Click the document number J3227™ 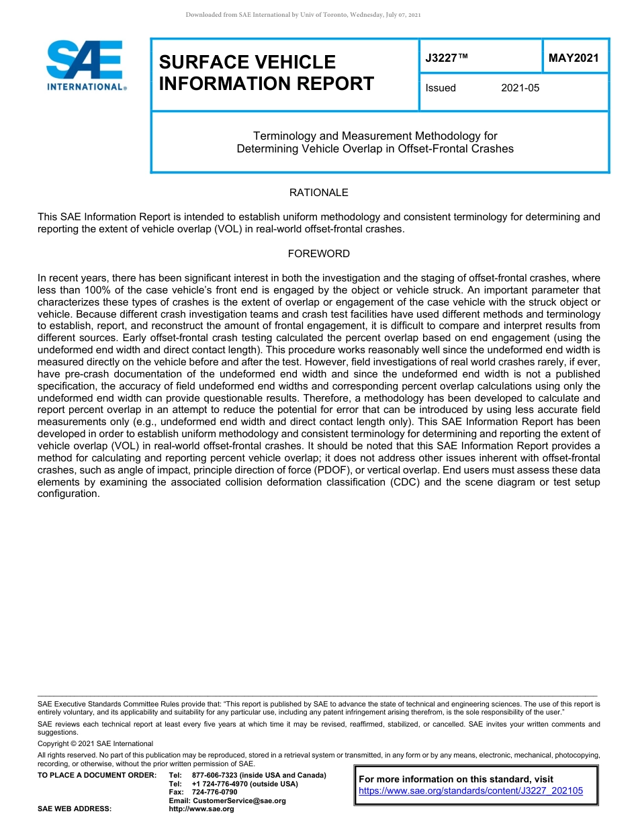coord(447,58)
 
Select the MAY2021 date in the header coord(573,58)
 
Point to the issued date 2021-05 coord(520,88)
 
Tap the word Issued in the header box coord(441,88)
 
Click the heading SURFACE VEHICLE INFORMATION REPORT coord(267,73)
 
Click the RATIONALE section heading coord(318,193)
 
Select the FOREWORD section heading coord(318,254)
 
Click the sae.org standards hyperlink coord(471,791)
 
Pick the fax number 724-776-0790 coord(214,792)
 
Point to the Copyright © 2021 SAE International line coord(95,743)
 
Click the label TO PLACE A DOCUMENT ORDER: coord(97,775)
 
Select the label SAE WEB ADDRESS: coord(75,809)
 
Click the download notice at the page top coord(303,15)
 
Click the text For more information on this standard coord(456,779)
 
